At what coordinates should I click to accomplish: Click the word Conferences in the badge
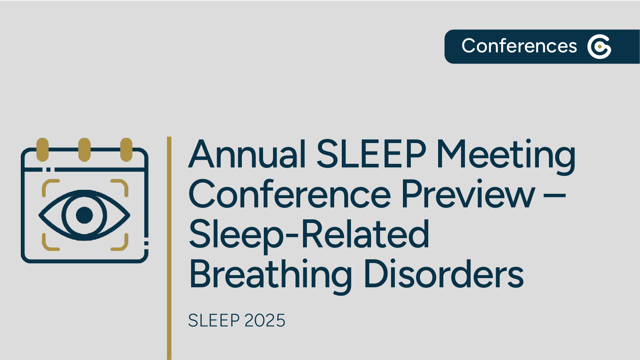click(519, 46)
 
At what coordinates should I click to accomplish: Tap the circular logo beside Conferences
click(599, 47)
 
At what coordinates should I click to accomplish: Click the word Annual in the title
click(247, 154)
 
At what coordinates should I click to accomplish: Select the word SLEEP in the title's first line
click(371, 154)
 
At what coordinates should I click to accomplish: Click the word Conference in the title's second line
click(289, 195)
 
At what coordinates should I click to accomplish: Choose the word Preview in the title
click(468, 195)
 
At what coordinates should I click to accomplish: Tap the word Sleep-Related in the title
click(309, 235)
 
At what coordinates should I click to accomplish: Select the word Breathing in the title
click(271, 275)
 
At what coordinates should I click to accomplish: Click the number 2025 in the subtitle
click(265, 321)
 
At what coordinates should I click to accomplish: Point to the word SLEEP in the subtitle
click(214, 321)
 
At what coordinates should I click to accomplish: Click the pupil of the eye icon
click(84, 215)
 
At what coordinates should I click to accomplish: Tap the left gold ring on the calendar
click(42, 149)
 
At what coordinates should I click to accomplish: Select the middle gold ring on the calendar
click(84, 149)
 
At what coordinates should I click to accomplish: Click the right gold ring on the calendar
click(126, 149)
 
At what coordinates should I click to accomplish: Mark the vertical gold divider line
click(169, 248)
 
